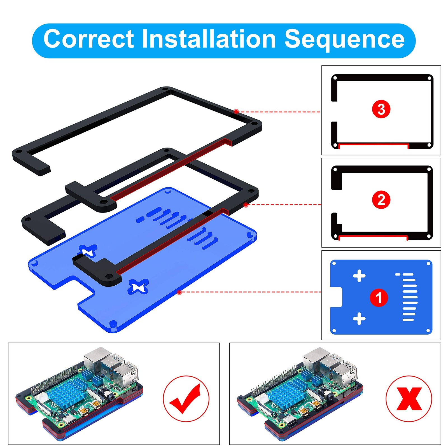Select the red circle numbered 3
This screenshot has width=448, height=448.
tap(381, 109)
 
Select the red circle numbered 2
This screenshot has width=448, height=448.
tap(381, 200)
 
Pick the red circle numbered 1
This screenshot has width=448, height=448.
tap(379, 297)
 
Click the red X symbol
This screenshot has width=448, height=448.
tap(409, 398)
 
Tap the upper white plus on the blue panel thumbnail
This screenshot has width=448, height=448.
tap(359, 276)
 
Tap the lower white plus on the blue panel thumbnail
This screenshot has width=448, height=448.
tap(359, 319)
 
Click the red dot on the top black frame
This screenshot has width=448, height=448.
tap(237, 111)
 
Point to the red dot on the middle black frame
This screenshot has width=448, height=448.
tap(246, 205)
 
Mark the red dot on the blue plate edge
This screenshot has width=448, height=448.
tap(180, 292)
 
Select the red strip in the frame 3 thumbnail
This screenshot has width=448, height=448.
tap(374, 144)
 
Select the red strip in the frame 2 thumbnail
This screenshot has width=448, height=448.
tap(373, 237)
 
